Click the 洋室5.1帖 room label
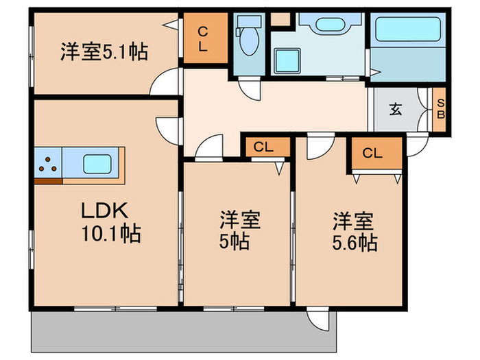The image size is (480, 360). [x=104, y=52]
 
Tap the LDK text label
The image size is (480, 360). [x=104, y=211]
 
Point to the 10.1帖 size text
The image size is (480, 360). [x=111, y=234]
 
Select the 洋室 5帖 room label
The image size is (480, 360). [x=240, y=230]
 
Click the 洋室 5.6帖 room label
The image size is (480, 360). [x=355, y=232]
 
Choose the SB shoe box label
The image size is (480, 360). [x=440, y=109]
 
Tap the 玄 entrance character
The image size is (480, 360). [x=395, y=110]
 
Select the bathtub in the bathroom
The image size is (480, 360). [x=408, y=29]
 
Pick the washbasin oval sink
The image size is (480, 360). [x=329, y=25]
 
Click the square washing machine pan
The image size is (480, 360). [x=287, y=61]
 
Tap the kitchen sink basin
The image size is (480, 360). [x=97, y=164]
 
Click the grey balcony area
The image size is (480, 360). [x=184, y=331]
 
